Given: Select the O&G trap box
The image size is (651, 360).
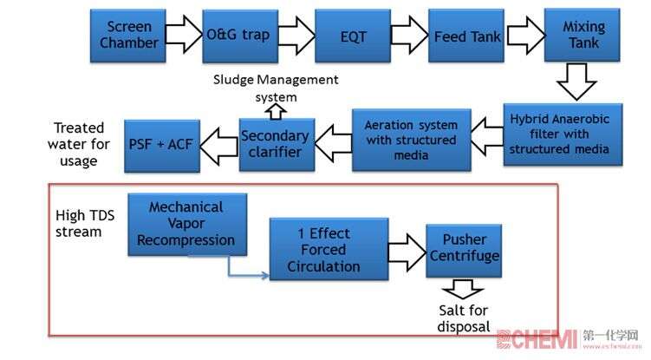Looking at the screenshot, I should coord(238,36).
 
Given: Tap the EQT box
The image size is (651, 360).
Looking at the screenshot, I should coord(353,36).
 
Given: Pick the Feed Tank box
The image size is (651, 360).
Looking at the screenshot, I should coord(465,36).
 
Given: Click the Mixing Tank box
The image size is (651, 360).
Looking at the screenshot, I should coord(583,35).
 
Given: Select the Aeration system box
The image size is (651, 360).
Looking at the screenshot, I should coord(411,138).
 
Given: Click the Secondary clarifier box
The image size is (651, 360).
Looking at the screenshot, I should coord(274,143).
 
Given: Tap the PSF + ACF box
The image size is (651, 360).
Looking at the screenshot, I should coord(161,144).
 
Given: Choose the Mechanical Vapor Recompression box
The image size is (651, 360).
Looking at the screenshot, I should coord(186,223).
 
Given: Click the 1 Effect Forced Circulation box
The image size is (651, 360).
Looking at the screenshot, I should coord(323,250).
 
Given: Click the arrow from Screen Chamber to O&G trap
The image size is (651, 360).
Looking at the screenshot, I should coord(182,35).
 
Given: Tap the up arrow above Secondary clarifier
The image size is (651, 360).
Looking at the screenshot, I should coord(275,110).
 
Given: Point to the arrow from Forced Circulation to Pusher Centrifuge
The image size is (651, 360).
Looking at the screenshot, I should coord(404,252).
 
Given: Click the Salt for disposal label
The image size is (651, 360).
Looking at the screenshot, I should coord(464,318).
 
